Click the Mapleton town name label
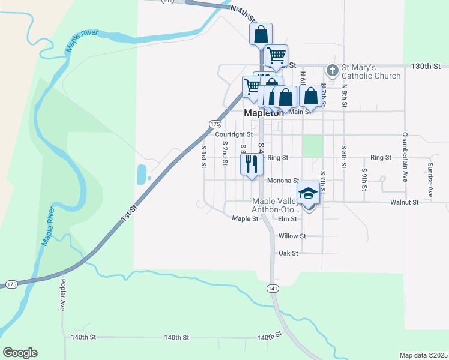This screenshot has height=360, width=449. (x=264, y=113)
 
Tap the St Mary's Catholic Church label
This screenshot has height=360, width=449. (x=371, y=71)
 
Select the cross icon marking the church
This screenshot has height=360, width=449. (x=331, y=71)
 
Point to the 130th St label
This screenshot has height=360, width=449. (x=426, y=65)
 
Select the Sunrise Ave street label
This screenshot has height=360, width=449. (x=430, y=179)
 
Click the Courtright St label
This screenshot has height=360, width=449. (x=234, y=135)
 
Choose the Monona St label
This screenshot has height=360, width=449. (x=283, y=181)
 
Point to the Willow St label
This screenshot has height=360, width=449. (x=292, y=236)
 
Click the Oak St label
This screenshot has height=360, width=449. (x=288, y=253)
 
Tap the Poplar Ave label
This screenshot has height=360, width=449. (x=62, y=295)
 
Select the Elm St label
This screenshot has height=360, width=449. (x=288, y=219)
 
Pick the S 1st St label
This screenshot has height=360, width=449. (x=204, y=157)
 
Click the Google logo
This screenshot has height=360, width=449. (x=20, y=353)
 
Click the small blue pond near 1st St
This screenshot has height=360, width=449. (x=141, y=174)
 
